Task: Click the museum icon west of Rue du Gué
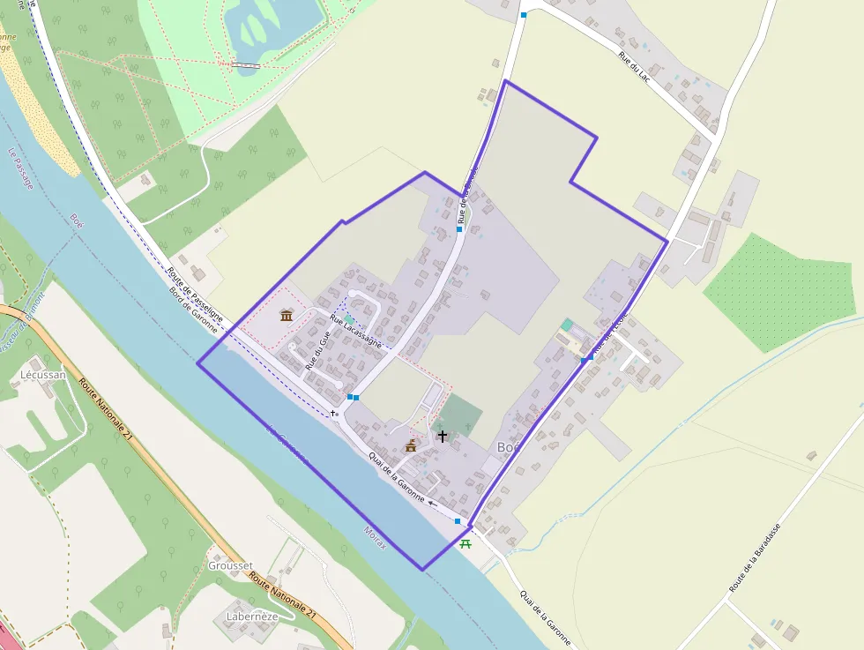pos(286,315)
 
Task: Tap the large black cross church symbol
pos(442,436)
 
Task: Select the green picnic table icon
pos(466,543)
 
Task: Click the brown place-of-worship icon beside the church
pos(410,447)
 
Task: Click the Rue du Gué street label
pos(317,348)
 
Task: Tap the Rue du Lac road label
pos(637,70)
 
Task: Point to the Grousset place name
pos(230,565)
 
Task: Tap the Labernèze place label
pos(252,616)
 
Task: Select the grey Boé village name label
pos(509,447)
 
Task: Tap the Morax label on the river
pos(375,538)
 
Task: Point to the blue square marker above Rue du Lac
pos(524,15)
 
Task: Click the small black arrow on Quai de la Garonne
pos(432,504)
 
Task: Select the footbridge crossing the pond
pos(246,64)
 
